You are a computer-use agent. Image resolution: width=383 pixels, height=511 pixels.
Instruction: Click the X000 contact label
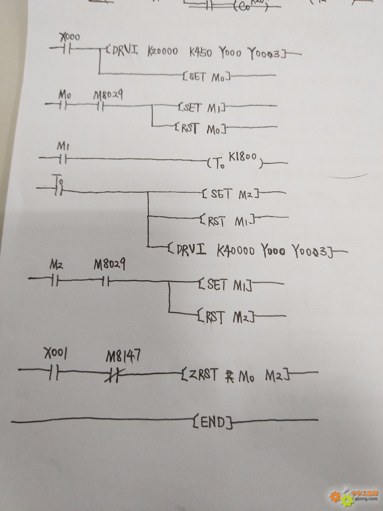(70, 37)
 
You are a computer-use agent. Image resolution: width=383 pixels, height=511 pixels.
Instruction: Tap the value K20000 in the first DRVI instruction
(162, 52)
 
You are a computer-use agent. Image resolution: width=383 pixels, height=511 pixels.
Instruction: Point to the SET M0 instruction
(206, 76)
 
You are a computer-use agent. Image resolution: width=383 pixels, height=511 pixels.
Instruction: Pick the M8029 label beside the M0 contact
(108, 95)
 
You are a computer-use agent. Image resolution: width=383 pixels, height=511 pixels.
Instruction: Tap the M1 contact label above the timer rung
(61, 147)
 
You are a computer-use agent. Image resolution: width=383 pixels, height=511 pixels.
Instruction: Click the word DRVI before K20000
(125, 51)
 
